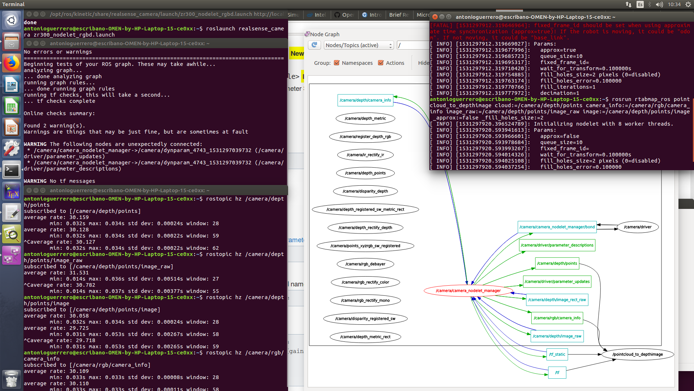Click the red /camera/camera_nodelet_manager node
(x=468, y=291)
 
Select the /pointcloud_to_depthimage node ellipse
(x=638, y=354)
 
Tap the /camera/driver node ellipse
(x=638, y=227)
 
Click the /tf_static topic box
(x=557, y=354)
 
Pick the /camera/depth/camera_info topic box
(x=365, y=100)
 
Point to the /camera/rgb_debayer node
(x=365, y=264)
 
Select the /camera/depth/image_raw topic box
(x=557, y=336)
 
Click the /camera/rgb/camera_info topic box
(x=557, y=318)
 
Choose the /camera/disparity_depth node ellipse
(x=365, y=191)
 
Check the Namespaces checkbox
(x=337, y=63)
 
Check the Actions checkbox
(x=381, y=63)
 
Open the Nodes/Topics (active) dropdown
(x=358, y=45)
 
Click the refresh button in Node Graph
(x=314, y=45)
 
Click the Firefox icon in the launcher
(x=11, y=63)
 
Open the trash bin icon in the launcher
(x=11, y=379)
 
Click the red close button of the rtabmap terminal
(x=435, y=17)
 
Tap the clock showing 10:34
(x=674, y=4)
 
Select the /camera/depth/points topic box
(x=557, y=264)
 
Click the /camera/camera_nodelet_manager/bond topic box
(x=557, y=227)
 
